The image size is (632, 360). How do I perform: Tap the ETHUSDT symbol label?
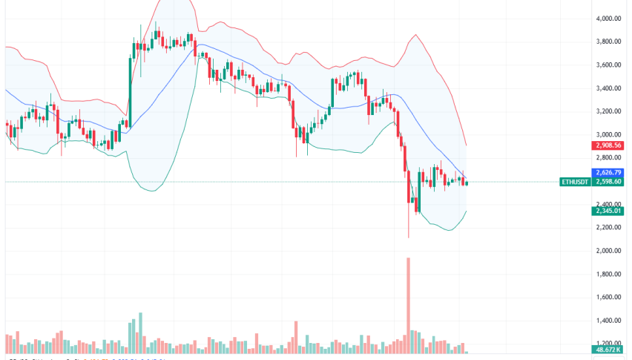[x=576, y=182]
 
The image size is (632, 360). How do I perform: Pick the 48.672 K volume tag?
[x=606, y=349]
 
